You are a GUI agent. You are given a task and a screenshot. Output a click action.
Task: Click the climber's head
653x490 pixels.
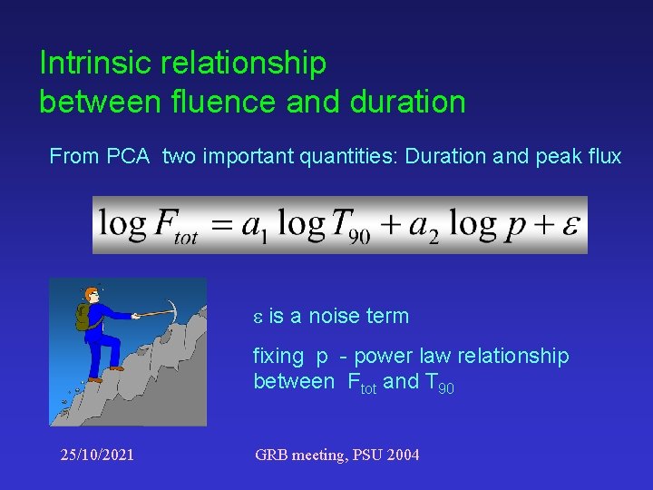coord(91,297)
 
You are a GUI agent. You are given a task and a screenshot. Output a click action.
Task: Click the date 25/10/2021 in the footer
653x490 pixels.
coord(91,455)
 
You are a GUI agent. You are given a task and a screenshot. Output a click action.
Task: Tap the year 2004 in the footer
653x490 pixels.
coord(402,455)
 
